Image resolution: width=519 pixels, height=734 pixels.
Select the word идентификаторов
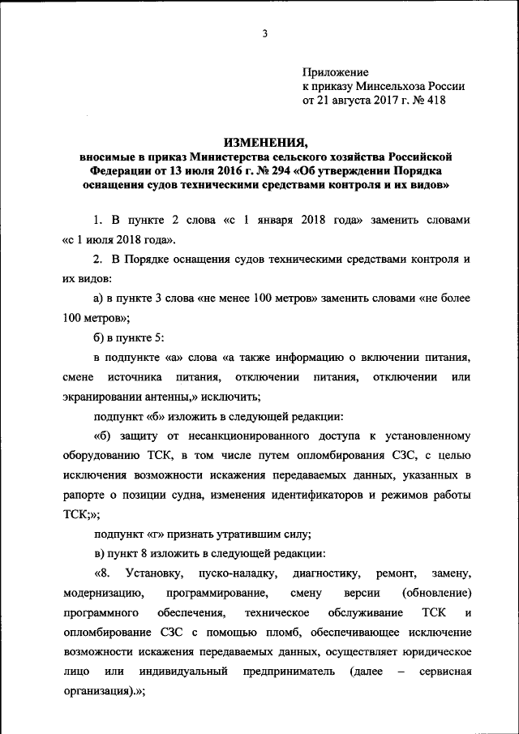tap(317, 495)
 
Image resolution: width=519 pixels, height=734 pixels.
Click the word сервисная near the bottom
tap(445, 672)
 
